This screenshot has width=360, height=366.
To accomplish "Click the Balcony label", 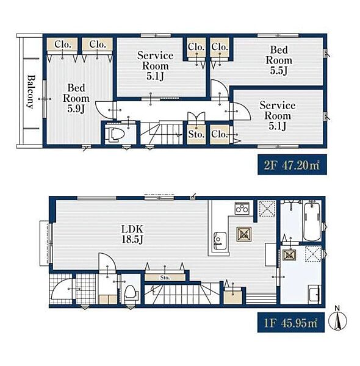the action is pos(31,91).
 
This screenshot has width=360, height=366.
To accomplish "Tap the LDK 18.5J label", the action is pos(132,234).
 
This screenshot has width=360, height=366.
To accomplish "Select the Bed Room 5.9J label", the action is pos(76,98).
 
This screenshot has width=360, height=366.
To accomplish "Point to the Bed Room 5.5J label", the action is pos(279,60).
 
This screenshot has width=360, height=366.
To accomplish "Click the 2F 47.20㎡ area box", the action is pos(292,165).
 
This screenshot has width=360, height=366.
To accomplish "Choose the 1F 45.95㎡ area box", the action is pos(291,322).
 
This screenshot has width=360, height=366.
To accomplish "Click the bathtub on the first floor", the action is pos(312,221).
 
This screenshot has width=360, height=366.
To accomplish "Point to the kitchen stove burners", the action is pos(242,208).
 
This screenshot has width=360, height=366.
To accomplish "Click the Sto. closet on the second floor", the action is pos(196,134).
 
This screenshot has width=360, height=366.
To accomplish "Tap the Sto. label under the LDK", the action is pos(165,278).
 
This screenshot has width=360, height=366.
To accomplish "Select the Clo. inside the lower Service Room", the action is pos(220,134).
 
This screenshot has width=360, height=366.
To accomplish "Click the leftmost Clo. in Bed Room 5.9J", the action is pos(62,44).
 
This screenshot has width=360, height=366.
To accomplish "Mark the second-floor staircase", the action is pos(162,132).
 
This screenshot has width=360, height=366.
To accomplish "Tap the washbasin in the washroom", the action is pos(314,293).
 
